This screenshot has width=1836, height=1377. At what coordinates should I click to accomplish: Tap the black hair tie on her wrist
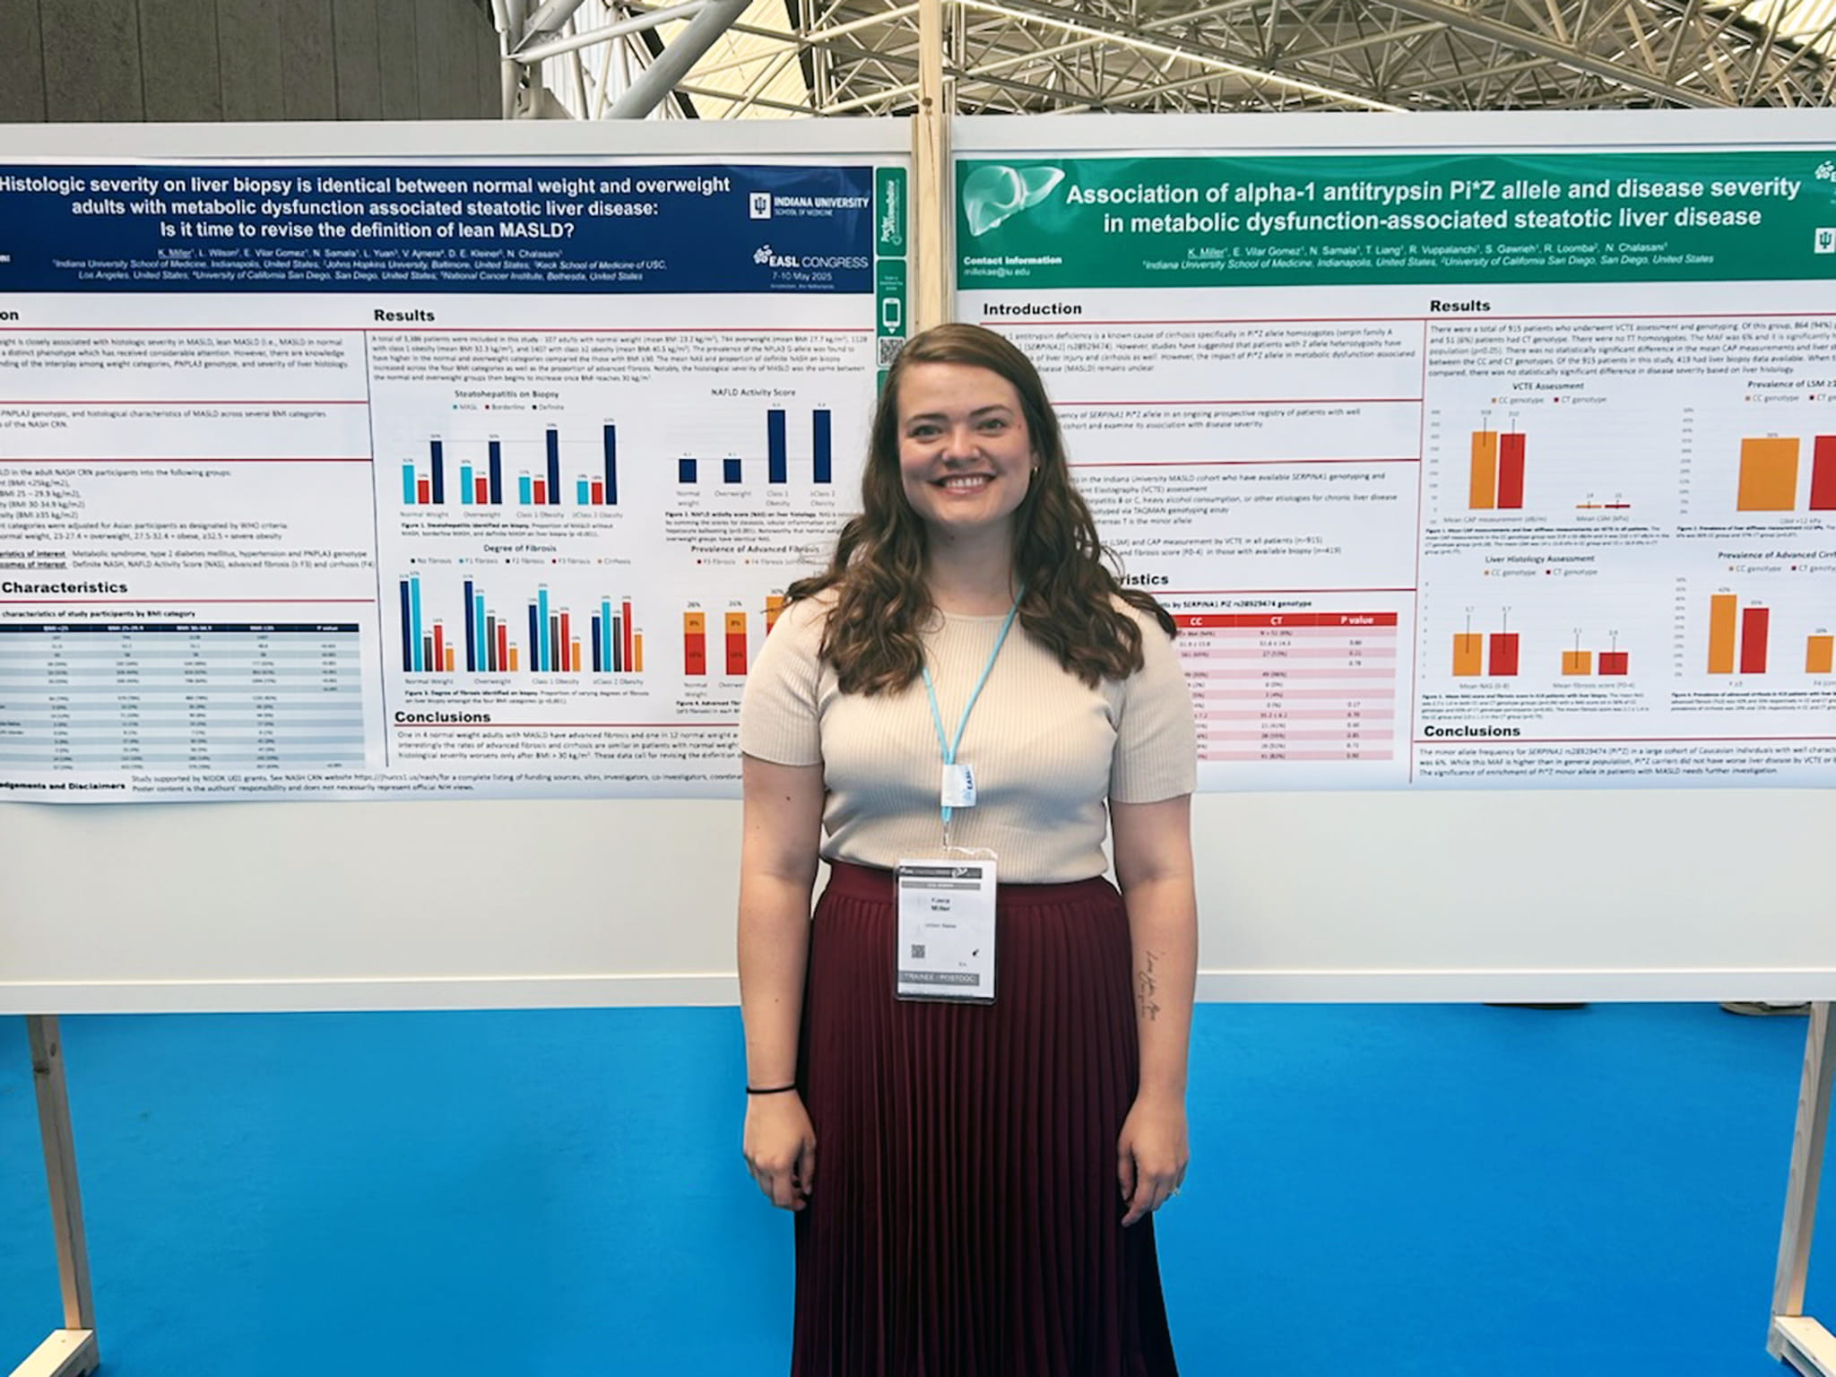(x=770, y=1089)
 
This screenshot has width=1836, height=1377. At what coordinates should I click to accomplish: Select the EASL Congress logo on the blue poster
(x=811, y=260)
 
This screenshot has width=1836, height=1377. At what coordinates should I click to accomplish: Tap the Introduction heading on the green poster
(x=1032, y=309)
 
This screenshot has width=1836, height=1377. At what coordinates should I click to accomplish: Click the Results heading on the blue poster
(x=403, y=316)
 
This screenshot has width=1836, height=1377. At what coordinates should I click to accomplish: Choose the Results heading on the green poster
(x=1459, y=306)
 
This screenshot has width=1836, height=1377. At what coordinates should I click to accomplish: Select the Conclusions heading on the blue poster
(x=442, y=717)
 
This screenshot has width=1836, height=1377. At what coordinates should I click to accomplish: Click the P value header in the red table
(x=1355, y=619)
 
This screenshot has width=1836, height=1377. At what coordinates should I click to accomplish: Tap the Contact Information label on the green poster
(x=1012, y=260)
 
